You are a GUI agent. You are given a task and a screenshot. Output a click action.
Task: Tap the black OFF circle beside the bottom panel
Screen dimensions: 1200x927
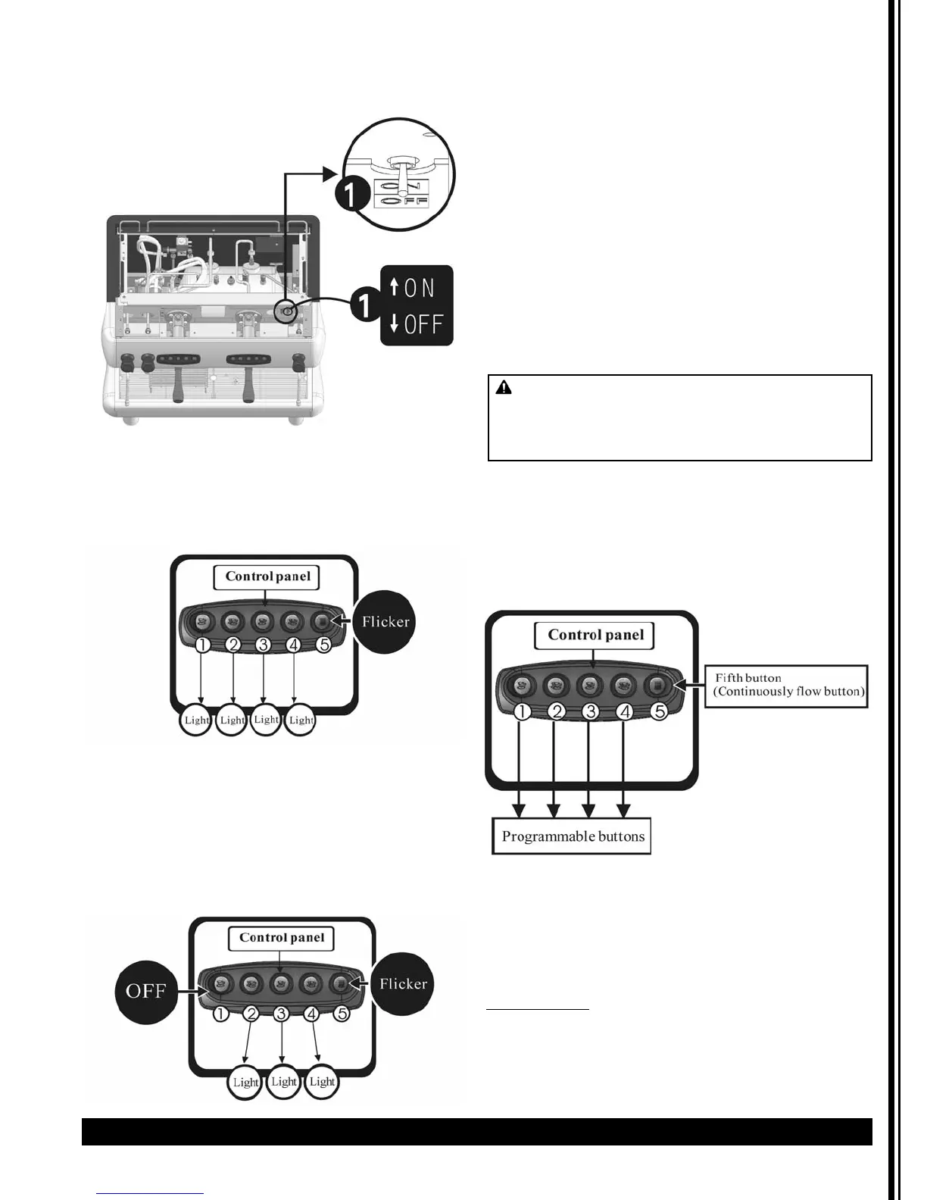[145, 991]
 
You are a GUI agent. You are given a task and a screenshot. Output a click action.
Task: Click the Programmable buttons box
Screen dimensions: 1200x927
[572, 836]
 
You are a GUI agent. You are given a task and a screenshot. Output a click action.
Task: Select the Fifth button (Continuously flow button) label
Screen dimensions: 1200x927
[786, 686]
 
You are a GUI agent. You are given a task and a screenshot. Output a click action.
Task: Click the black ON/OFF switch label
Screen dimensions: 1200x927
[417, 305]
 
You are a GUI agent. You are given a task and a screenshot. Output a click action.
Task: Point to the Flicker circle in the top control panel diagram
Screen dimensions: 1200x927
[385, 622]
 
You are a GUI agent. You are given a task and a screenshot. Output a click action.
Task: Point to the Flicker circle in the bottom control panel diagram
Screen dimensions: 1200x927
[403, 984]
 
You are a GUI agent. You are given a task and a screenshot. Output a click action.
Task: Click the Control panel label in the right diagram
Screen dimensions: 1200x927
[595, 635]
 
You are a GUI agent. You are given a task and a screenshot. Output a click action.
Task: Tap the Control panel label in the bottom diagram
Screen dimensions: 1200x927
[281, 938]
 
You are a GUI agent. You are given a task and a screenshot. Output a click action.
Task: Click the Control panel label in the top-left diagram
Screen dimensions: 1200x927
[267, 577]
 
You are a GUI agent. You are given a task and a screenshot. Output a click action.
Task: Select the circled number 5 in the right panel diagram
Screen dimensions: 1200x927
[660, 712]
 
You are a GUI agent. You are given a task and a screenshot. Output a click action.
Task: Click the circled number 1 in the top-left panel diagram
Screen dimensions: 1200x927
[202, 645]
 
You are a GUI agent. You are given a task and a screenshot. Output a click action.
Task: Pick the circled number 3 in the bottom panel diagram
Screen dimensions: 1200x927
[282, 1013]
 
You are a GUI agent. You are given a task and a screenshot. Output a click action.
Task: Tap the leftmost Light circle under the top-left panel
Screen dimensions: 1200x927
[196, 720]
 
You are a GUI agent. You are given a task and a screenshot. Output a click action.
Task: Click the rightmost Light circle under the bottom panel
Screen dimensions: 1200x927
[322, 1082]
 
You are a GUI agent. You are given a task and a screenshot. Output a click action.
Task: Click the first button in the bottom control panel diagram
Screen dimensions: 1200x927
[220, 984]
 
